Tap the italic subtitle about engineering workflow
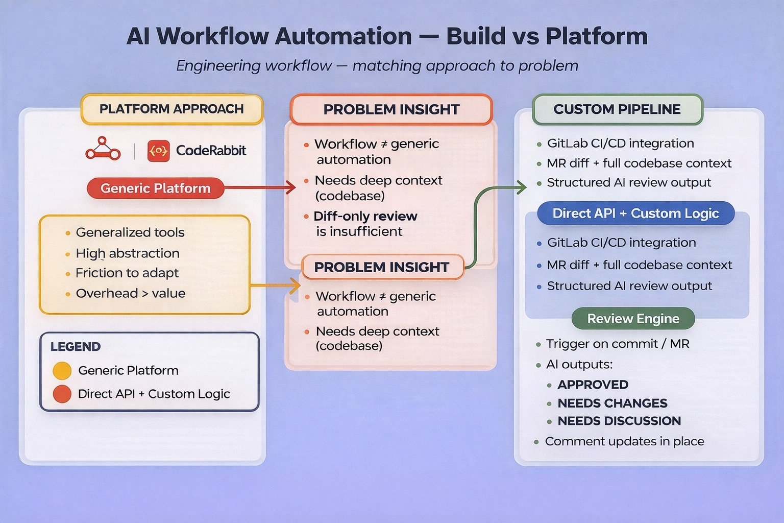pyautogui.click(x=377, y=66)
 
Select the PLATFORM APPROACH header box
pyautogui.click(x=171, y=109)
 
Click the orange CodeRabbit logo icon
pyautogui.click(x=158, y=151)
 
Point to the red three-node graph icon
pyautogui.click(x=103, y=149)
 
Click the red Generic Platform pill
pyautogui.click(x=155, y=188)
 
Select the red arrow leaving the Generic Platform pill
pyautogui.click(x=260, y=188)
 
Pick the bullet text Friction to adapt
pyautogui.click(x=127, y=273)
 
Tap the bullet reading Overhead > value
pyautogui.click(x=130, y=294)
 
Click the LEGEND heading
pyautogui.click(x=76, y=347)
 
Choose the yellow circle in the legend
pyautogui.click(x=62, y=371)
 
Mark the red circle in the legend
pyautogui.click(x=62, y=394)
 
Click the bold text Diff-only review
pyautogui.click(x=365, y=216)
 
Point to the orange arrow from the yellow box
pyautogui.click(x=276, y=286)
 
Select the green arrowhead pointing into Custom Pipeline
pyautogui.click(x=522, y=187)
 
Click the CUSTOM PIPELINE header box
pyautogui.click(x=617, y=109)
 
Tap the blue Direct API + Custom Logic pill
pyautogui.click(x=635, y=213)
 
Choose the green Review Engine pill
pyautogui.click(x=633, y=319)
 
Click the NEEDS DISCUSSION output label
pyautogui.click(x=619, y=421)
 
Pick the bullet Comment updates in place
pyautogui.click(x=624, y=442)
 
